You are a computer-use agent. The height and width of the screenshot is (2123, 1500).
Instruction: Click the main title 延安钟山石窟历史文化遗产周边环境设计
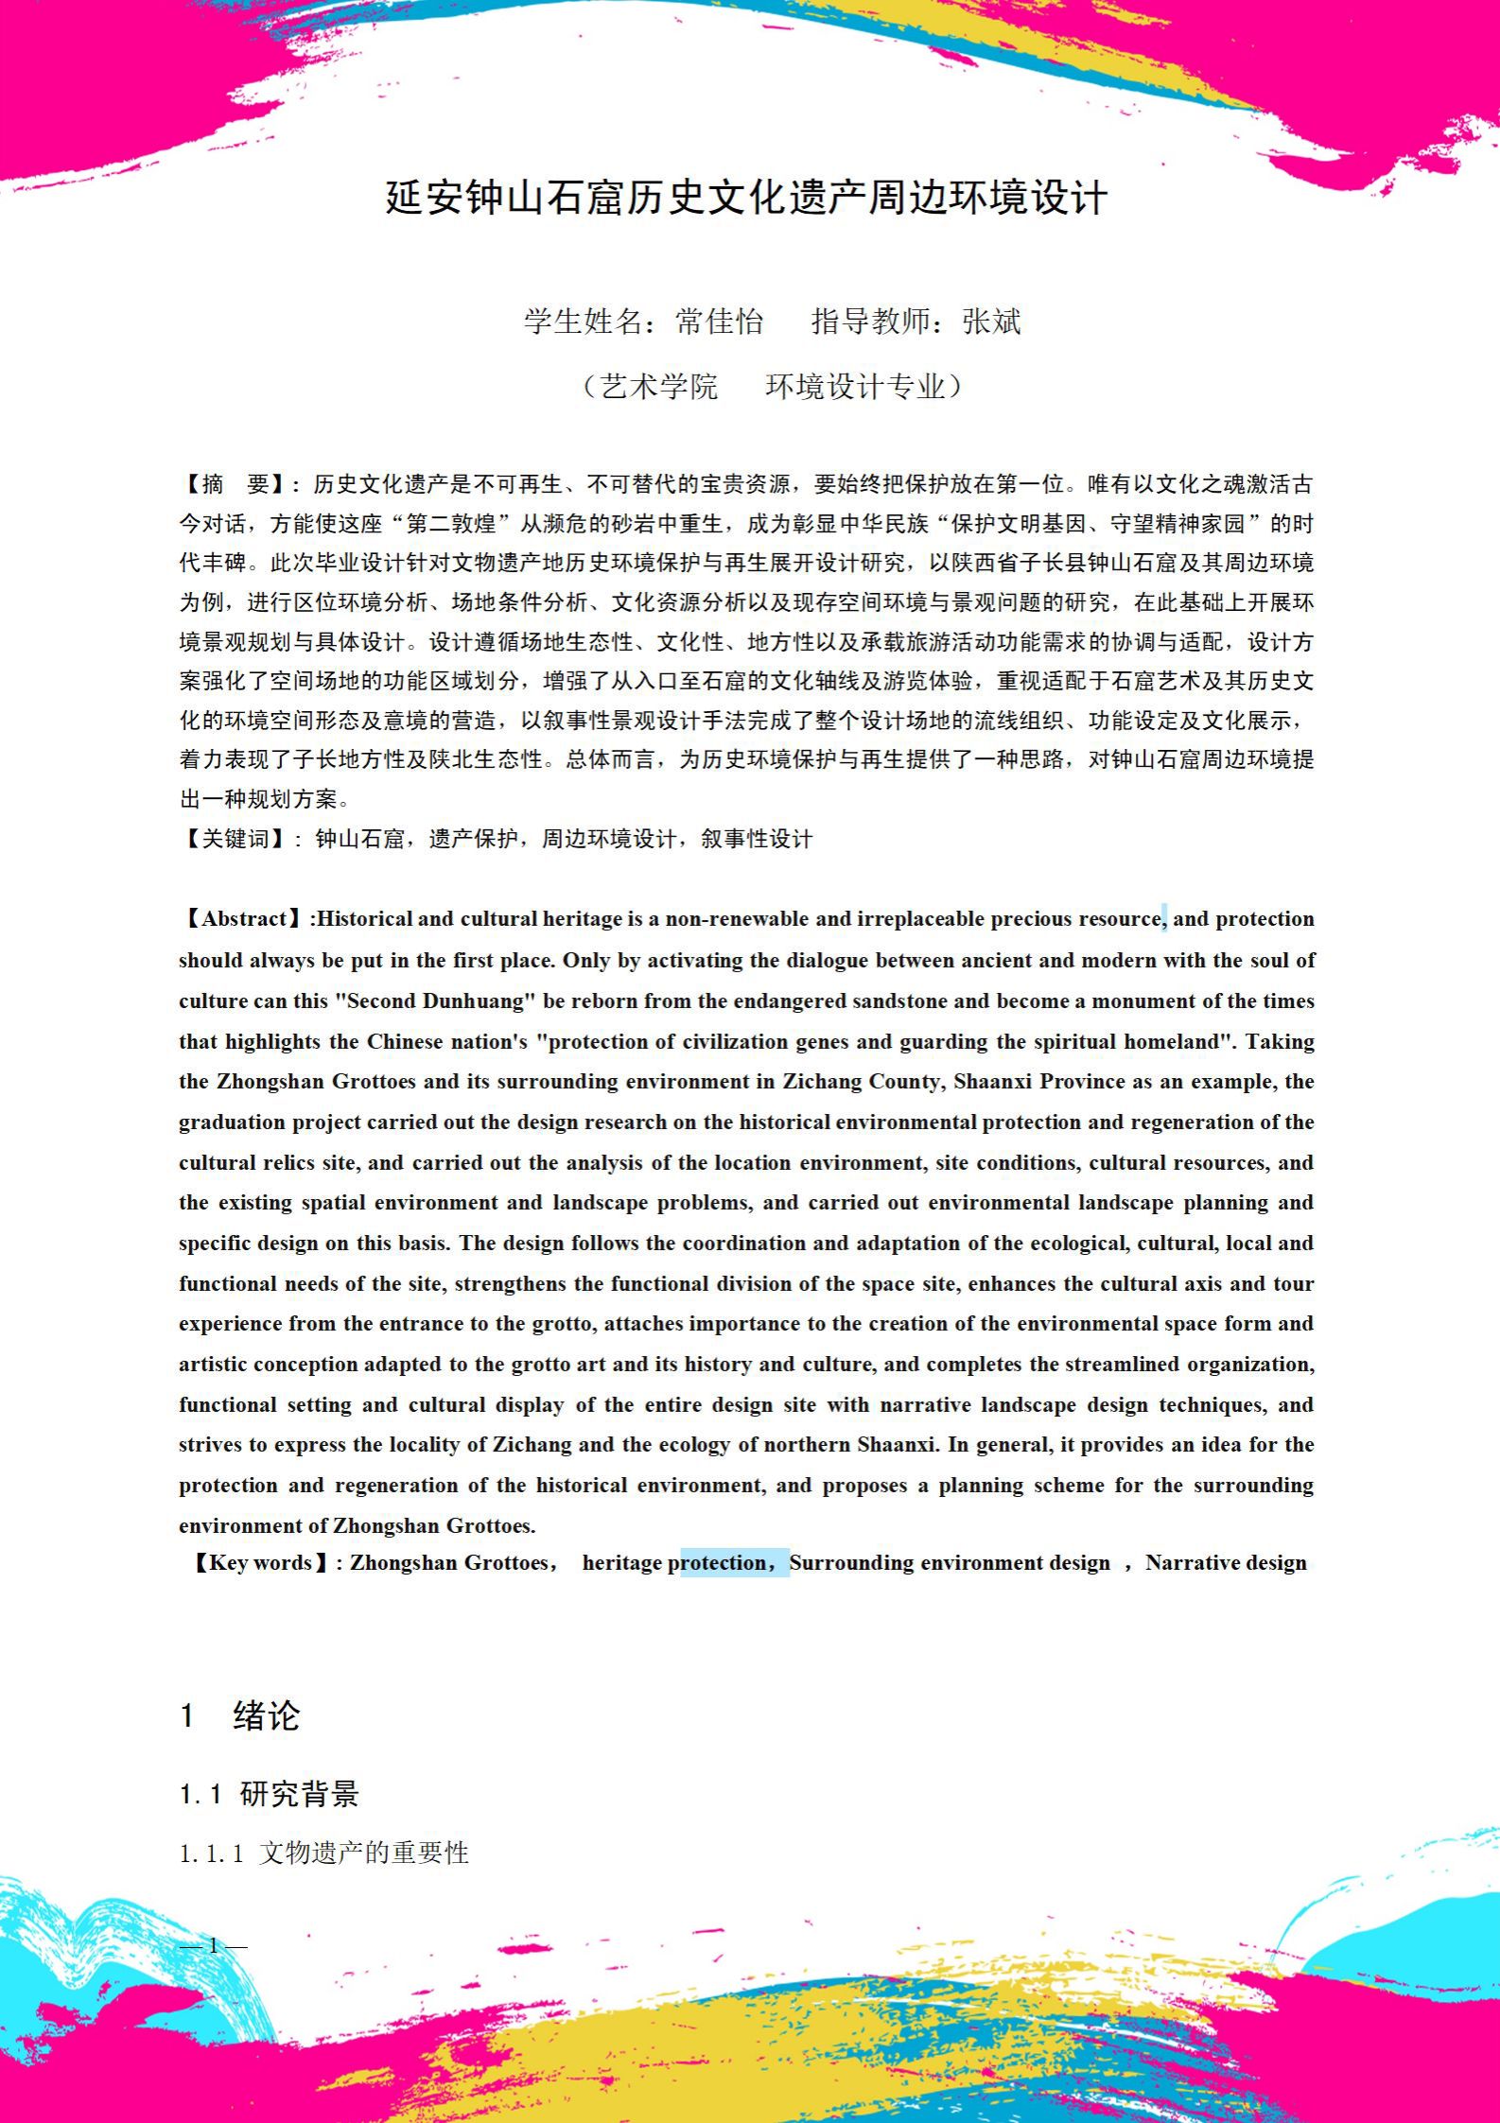coord(746,199)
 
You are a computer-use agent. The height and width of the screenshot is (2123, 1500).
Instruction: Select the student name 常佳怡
coord(719,322)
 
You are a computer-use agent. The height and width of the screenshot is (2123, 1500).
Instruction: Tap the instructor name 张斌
coord(991,322)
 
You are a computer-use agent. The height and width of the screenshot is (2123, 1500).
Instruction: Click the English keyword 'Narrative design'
coord(1226,1563)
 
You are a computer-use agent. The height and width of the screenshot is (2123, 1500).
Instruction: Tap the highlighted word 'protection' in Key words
coord(724,1563)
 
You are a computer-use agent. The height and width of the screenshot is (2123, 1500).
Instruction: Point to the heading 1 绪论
coord(240,1716)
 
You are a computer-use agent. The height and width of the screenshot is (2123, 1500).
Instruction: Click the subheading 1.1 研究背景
coord(270,1794)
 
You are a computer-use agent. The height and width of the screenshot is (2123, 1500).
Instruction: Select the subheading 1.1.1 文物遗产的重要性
coord(324,1853)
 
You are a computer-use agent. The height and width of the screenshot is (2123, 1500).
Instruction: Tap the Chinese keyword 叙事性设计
coord(757,839)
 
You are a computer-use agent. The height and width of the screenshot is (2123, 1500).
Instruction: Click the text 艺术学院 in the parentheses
coord(659,387)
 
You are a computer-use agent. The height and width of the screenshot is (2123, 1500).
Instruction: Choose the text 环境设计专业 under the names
coord(855,387)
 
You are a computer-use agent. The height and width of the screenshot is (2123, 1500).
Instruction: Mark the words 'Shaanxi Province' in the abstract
coord(1039,1082)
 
